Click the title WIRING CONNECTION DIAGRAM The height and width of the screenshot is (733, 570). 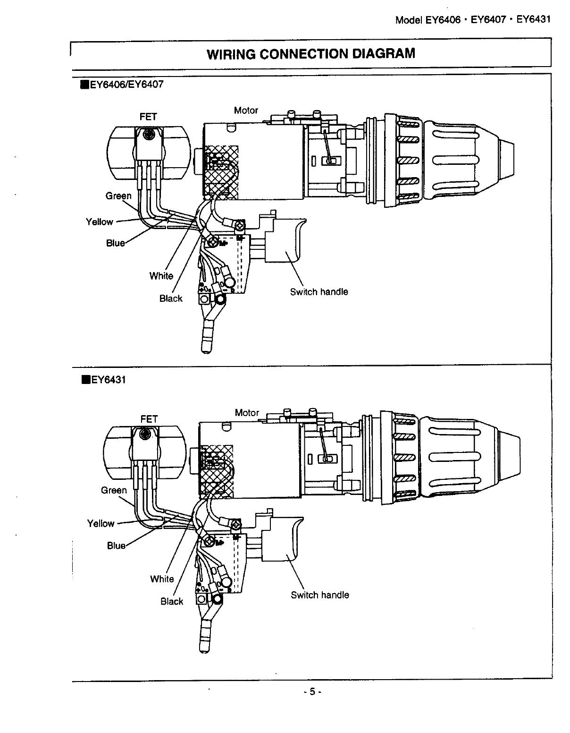311,53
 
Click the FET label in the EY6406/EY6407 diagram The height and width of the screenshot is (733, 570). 148,117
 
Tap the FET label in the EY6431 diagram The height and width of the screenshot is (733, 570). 149,419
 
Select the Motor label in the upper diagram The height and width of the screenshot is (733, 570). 246,111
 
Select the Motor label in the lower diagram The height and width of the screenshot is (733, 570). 247,413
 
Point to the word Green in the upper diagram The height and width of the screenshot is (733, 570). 118,196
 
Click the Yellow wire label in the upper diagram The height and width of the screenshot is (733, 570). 100,222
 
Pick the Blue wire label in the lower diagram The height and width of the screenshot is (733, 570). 116,545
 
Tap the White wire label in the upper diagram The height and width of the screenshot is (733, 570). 161,276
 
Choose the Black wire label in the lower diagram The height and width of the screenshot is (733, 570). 172,601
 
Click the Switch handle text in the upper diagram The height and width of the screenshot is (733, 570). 319,292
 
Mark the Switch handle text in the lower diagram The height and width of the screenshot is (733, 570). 320,595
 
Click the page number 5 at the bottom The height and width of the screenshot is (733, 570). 311,692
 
